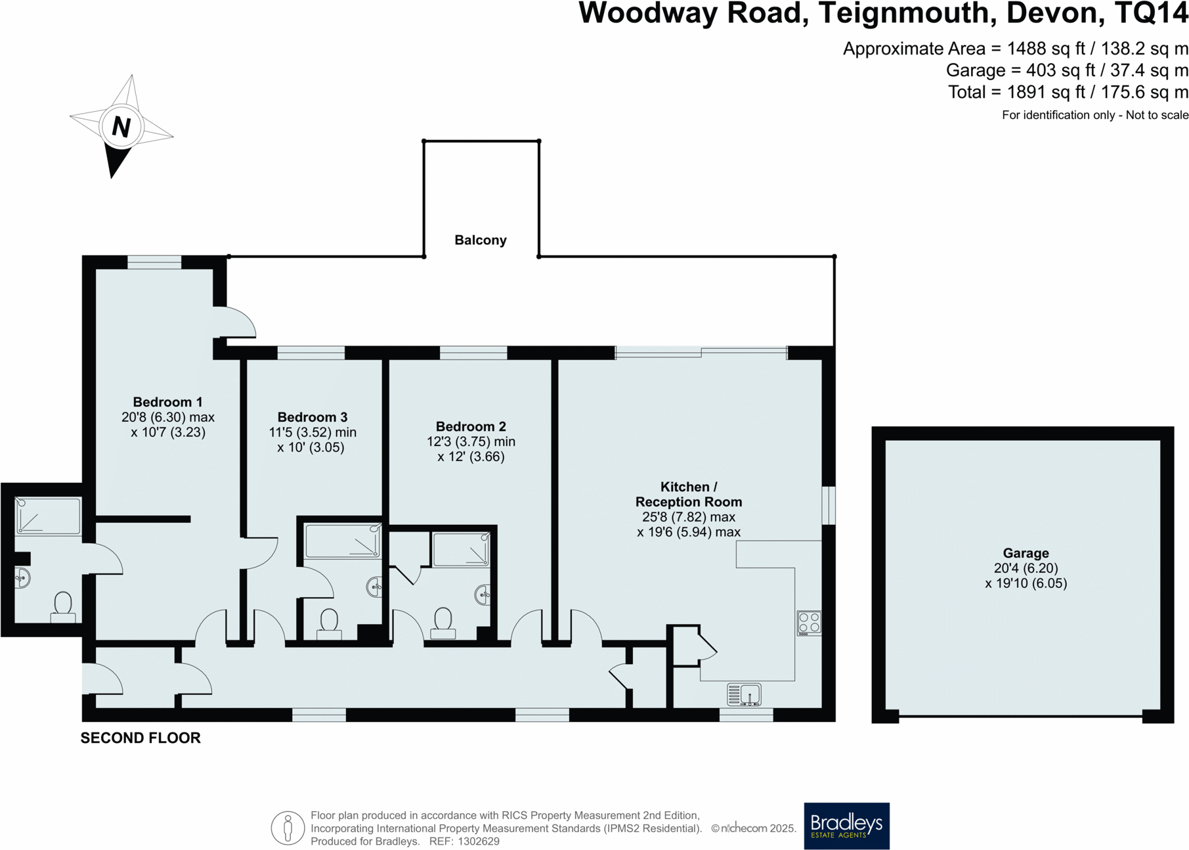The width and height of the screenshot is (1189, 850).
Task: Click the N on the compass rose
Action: (x=121, y=126)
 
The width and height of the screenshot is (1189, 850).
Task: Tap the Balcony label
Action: (x=480, y=240)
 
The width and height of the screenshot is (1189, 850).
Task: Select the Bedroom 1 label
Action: (x=167, y=402)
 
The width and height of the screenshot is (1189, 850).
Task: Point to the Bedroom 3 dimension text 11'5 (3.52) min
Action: (x=313, y=432)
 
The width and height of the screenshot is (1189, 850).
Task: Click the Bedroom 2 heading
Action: (x=471, y=426)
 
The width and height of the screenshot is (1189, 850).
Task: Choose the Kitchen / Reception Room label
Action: (x=688, y=494)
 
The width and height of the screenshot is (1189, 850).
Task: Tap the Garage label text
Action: (x=1026, y=553)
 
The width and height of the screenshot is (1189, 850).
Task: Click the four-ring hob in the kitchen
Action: (x=809, y=623)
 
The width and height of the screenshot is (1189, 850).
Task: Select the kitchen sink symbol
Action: (x=744, y=694)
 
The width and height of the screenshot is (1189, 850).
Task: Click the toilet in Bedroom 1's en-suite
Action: (x=63, y=606)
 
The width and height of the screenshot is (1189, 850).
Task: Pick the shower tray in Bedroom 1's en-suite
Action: (x=47, y=516)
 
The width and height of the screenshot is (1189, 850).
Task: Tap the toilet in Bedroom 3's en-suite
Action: (x=329, y=621)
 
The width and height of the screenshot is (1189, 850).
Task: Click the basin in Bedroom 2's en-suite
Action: (x=483, y=594)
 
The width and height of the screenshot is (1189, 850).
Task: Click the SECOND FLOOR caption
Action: (x=141, y=738)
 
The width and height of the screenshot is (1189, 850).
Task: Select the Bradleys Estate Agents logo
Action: (x=846, y=826)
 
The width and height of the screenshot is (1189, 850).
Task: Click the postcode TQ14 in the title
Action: (x=1150, y=13)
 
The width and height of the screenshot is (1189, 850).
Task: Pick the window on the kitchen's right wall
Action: (x=829, y=505)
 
